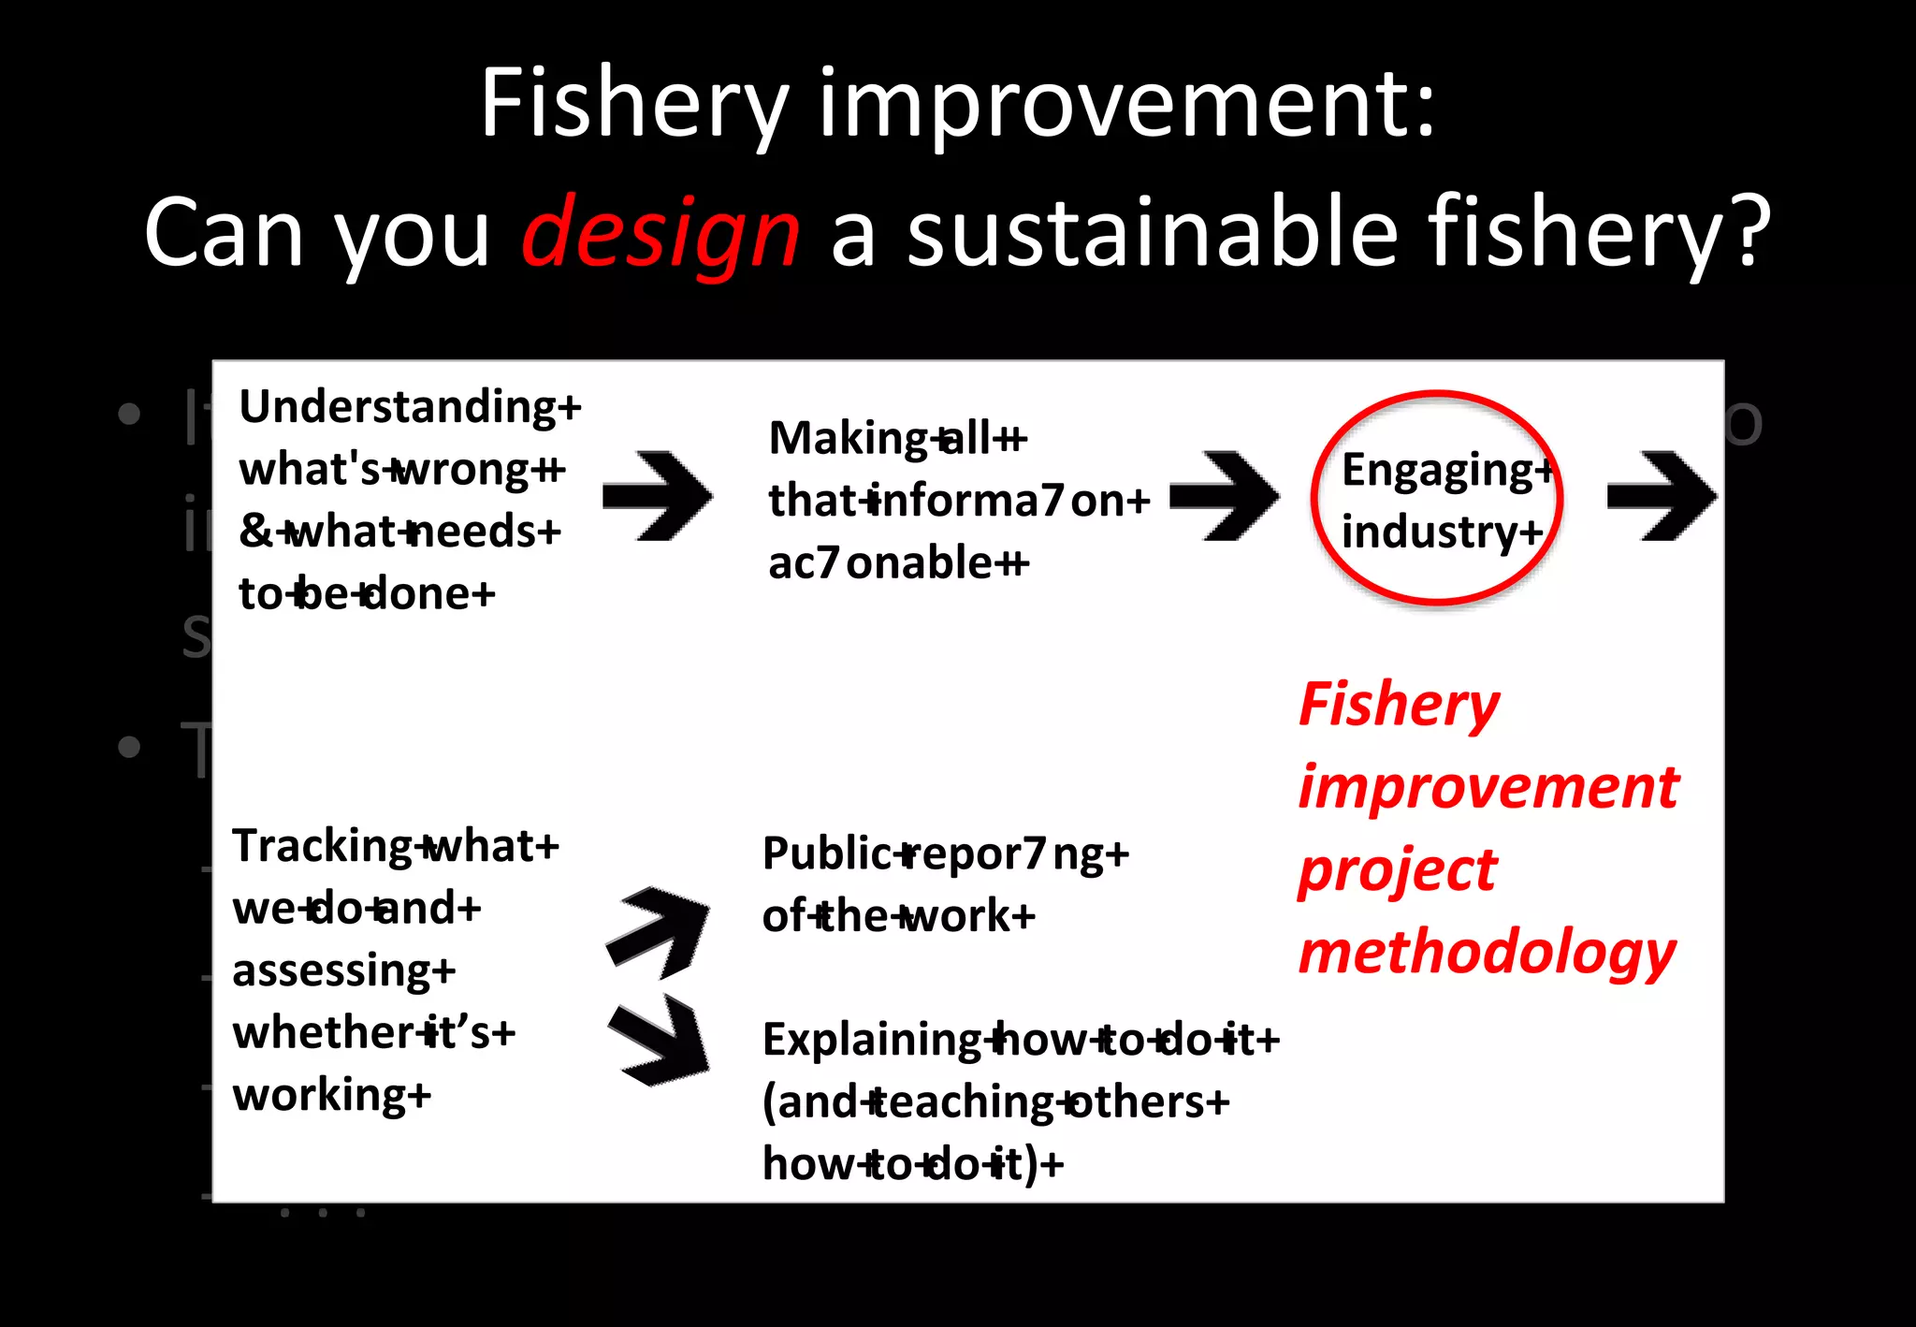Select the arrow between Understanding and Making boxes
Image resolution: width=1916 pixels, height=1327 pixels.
click(x=658, y=497)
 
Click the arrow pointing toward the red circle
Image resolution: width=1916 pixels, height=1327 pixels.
click(x=1225, y=497)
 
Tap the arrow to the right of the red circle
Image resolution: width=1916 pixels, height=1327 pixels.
click(x=1662, y=497)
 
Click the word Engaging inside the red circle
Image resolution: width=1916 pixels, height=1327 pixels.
click(x=1437, y=471)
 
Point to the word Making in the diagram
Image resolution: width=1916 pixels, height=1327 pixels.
click(x=848, y=438)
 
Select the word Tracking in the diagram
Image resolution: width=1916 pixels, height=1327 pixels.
click(x=322, y=846)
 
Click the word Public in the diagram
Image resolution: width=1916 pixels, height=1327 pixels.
click(x=827, y=853)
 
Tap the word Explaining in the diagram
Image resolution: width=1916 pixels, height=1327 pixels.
click(x=872, y=1040)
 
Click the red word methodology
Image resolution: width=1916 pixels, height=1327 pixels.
click(x=1487, y=954)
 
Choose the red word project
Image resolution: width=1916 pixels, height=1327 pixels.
click(x=1397, y=870)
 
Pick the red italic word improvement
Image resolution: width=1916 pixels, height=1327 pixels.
click(x=1488, y=787)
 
